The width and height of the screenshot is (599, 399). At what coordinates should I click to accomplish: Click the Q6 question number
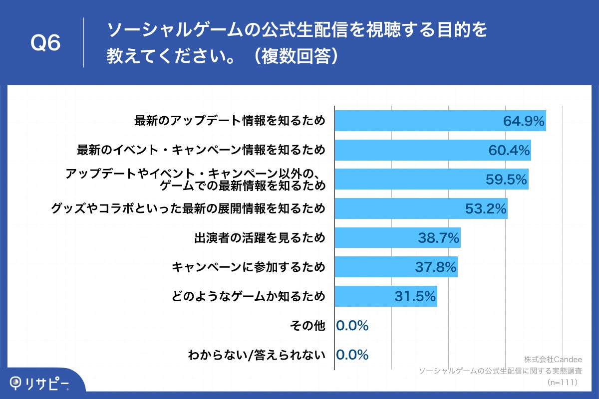[x=45, y=43]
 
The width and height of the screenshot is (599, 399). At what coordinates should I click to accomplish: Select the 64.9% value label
[x=523, y=121]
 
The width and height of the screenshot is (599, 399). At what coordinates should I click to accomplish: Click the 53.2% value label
[x=486, y=209]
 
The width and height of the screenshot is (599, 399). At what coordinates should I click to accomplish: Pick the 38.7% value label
[x=439, y=238]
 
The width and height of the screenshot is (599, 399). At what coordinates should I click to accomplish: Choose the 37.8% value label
[x=436, y=268]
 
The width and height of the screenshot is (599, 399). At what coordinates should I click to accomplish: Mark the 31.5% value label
[x=415, y=297]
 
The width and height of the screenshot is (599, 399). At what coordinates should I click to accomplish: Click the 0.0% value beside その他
[x=352, y=326]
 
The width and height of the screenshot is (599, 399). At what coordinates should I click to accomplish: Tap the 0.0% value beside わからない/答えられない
[x=352, y=355]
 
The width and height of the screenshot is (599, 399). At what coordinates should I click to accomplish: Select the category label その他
[x=307, y=326]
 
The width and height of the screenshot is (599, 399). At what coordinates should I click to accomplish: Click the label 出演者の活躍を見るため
[x=260, y=238]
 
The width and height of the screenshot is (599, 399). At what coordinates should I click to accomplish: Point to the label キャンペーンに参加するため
[x=249, y=268]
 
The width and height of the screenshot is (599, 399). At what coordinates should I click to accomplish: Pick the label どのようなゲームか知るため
[x=249, y=297]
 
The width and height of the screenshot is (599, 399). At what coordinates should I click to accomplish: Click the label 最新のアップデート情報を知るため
[x=230, y=121]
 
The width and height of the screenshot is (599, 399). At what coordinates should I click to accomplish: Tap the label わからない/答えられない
[x=257, y=355]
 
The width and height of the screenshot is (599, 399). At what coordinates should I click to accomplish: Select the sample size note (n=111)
[x=562, y=382]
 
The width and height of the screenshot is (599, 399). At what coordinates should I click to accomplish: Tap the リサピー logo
[x=40, y=383]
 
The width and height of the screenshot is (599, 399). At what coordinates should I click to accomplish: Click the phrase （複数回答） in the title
[x=295, y=56]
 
